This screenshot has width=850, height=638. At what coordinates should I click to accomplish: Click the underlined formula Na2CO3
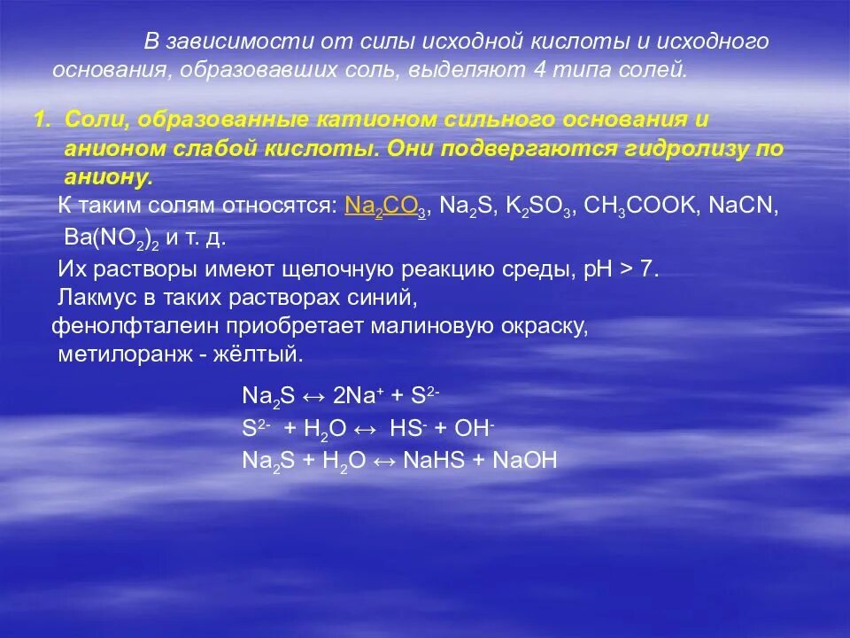coord(386,207)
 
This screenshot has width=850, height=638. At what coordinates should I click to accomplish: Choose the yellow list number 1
coord(40,120)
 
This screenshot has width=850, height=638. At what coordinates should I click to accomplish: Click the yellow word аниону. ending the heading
coord(109,178)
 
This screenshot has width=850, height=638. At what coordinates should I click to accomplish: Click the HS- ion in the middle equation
coord(410,428)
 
